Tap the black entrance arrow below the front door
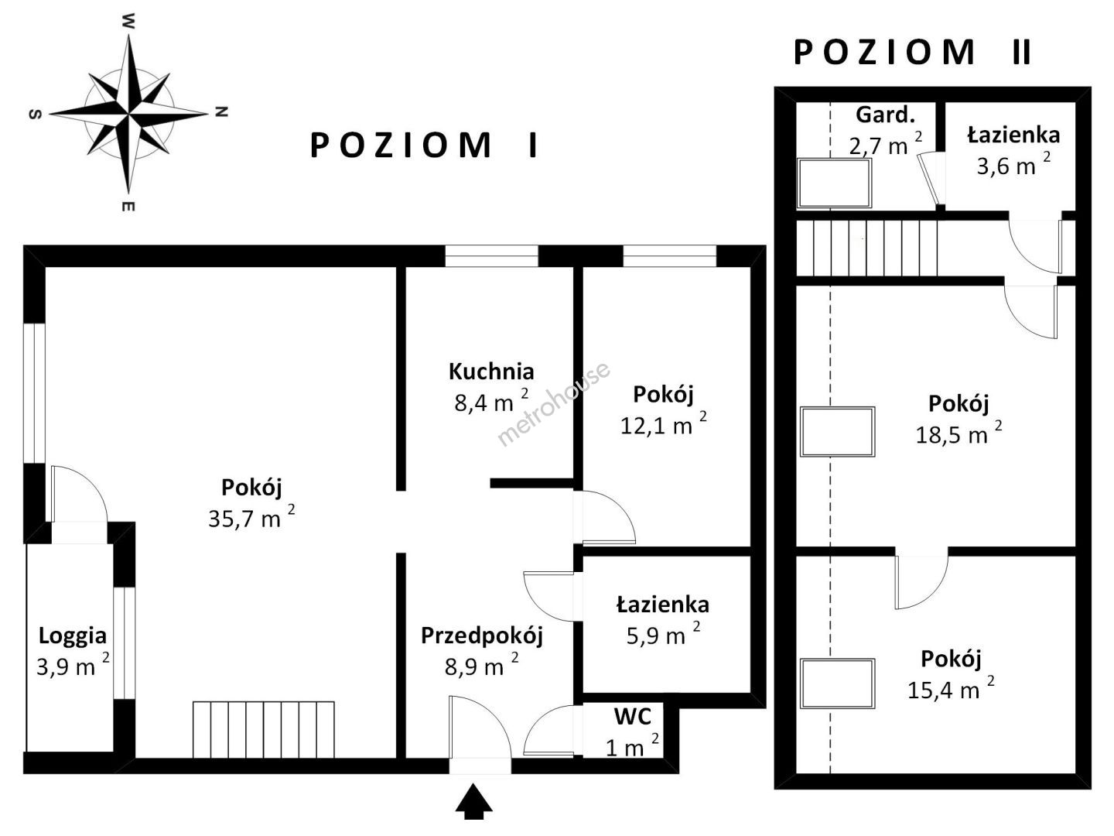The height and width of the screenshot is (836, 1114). click(x=473, y=801)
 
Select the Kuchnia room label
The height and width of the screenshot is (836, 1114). click(x=491, y=372)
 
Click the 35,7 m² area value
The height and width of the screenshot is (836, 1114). click(x=251, y=517)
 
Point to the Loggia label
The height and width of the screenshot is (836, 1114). click(x=73, y=636)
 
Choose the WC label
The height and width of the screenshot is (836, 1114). click(x=632, y=716)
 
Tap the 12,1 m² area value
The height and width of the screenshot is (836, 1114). click(x=663, y=424)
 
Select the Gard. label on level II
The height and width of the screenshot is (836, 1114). click(x=885, y=115)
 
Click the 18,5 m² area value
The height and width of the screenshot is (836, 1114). click(x=959, y=433)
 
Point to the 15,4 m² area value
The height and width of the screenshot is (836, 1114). click(x=951, y=689)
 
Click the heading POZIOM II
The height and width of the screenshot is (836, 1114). click(x=912, y=53)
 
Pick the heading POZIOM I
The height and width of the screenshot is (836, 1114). click(x=424, y=146)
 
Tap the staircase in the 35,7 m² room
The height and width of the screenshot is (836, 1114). click(x=263, y=730)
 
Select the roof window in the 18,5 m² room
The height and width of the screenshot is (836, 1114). click(x=837, y=431)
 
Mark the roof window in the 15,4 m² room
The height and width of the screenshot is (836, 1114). click(x=837, y=684)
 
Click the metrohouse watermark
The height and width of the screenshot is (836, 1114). click(x=553, y=404)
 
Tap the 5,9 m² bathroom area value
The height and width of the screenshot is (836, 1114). click(x=663, y=635)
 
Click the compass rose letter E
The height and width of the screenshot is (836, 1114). click(x=128, y=206)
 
